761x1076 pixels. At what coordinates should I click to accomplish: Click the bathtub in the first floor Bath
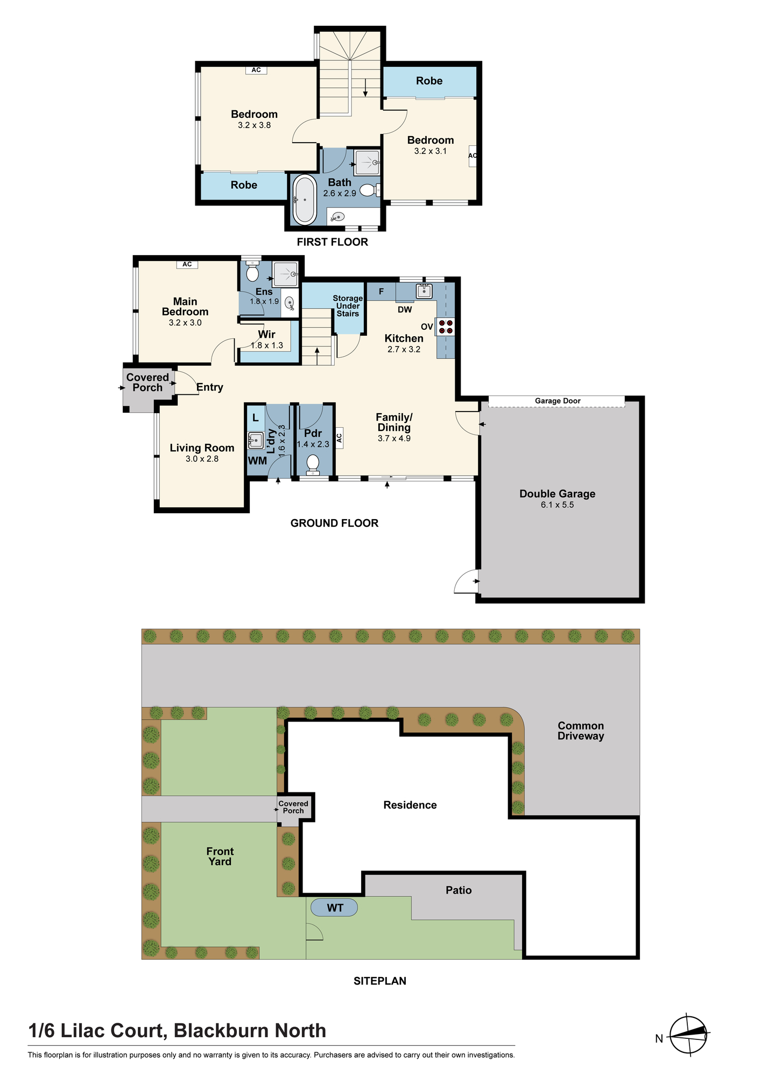305,199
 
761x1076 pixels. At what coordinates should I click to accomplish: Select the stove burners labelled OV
445,327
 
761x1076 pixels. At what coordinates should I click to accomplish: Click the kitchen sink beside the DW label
424,291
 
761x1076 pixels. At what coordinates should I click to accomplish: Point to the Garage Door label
558,401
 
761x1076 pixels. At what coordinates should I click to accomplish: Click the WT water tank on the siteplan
335,908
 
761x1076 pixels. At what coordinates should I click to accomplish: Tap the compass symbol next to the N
689,1035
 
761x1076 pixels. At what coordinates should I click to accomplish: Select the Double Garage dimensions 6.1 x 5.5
557,505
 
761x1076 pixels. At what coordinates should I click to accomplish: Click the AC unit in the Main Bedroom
187,264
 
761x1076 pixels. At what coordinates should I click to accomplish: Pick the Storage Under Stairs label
348,306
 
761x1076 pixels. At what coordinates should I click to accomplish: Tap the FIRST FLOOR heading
333,242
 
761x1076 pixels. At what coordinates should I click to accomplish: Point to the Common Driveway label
581,731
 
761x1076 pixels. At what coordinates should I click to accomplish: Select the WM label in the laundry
257,461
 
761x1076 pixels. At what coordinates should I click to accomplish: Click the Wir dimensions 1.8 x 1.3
266,345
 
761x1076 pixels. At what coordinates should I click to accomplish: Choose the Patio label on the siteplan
459,890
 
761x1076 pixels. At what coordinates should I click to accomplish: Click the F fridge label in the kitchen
381,292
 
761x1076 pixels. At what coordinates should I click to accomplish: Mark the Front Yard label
220,856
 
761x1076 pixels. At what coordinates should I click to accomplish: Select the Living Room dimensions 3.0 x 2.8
202,459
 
